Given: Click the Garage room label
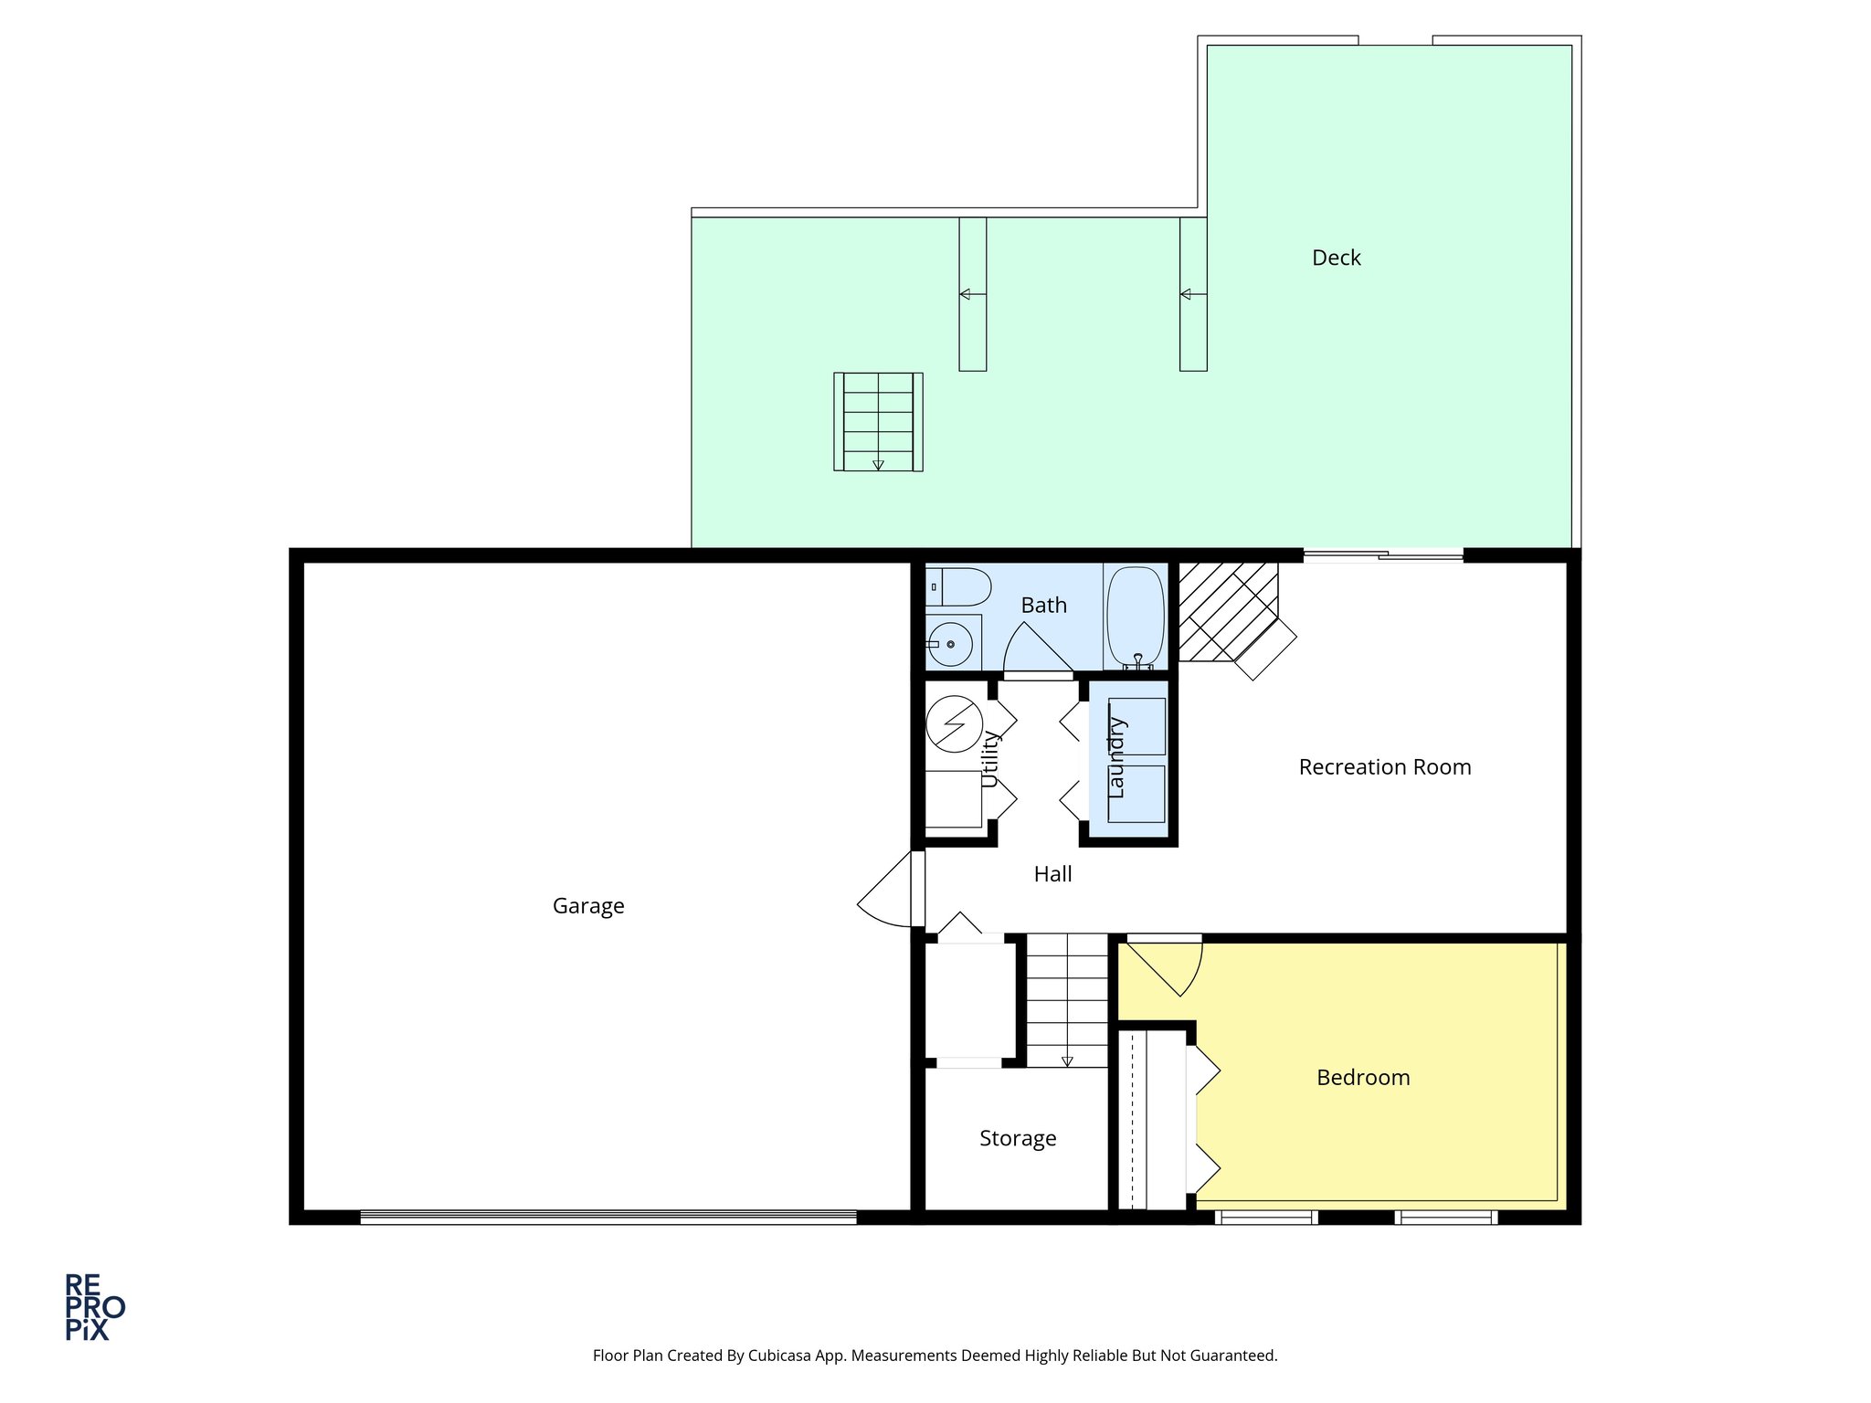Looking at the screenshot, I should (x=588, y=906).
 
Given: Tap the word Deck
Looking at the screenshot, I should (x=1336, y=258).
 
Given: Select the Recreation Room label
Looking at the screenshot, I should (x=1384, y=767).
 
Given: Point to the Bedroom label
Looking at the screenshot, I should (x=1363, y=1078).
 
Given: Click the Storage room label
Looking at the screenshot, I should (x=1018, y=1138).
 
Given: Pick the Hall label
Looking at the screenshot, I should (x=1052, y=874).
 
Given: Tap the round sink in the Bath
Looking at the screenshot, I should (x=951, y=644).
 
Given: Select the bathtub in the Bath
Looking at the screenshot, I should (x=1136, y=617).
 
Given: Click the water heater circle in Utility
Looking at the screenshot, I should (x=954, y=724).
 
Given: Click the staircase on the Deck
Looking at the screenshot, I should (x=878, y=421).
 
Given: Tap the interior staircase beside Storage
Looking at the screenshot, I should (x=1067, y=999).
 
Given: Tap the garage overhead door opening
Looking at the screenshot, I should (x=608, y=1217).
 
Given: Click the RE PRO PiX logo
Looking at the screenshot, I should (x=94, y=1307).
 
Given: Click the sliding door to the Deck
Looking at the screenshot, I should (x=1383, y=554).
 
